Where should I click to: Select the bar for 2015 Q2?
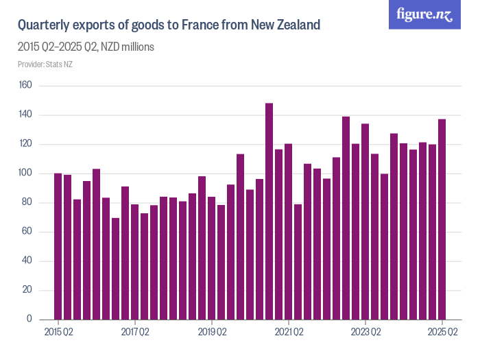(x=58, y=246)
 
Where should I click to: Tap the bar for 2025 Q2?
(x=442, y=219)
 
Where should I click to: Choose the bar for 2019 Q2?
(x=212, y=258)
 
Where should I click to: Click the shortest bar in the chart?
(x=116, y=269)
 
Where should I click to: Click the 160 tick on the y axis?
(x=26, y=86)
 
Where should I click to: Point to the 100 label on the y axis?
(x=26, y=173)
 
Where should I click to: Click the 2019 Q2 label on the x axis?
(x=212, y=333)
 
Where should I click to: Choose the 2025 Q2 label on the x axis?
(x=442, y=333)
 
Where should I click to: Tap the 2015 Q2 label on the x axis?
(x=58, y=333)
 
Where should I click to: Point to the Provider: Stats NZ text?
(x=45, y=64)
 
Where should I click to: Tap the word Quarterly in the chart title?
(x=43, y=26)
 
